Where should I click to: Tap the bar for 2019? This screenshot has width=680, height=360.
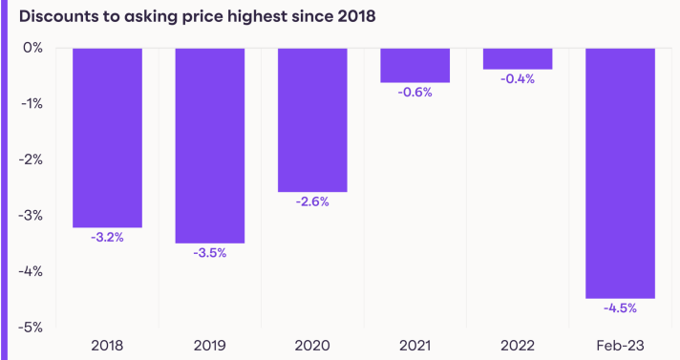[x=209, y=145]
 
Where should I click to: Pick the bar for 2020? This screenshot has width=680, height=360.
[x=312, y=119]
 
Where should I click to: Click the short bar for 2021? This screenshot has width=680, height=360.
[x=414, y=65]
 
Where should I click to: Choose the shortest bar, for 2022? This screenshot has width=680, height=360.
[x=518, y=58]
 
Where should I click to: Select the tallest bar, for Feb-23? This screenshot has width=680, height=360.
[x=620, y=173]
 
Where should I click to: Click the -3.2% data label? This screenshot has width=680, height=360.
[x=107, y=237]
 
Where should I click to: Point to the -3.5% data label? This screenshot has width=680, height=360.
[x=209, y=253]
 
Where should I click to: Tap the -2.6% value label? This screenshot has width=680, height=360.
[x=312, y=202]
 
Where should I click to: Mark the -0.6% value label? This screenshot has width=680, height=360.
[x=414, y=93]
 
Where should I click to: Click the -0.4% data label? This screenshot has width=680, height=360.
[x=518, y=79]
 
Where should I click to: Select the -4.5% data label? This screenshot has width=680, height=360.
[x=620, y=308]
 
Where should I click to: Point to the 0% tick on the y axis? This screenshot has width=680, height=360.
[x=33, y=48]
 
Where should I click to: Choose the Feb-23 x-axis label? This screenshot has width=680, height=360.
[x=620, y=345]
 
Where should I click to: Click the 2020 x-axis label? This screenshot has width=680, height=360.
[x=312, y=345]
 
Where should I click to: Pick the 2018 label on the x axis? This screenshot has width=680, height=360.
[x=107, y=345]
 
